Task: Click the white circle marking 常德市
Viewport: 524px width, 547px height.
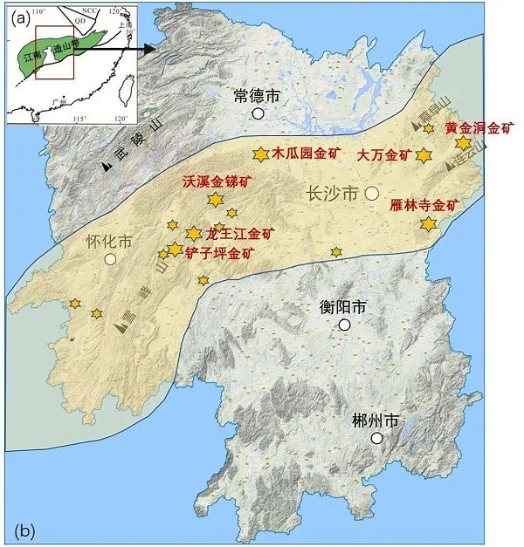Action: click(x=258, y=113)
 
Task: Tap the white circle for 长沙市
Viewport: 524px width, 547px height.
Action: click(x=371, y=193)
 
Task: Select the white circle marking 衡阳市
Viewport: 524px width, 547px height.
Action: click(x=345, y=325)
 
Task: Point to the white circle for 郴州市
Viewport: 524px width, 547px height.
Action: click(x=376, y=438)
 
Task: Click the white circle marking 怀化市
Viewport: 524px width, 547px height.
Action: click(x=110, y=259)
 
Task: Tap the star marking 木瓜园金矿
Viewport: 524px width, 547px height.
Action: click(x=259, y=154)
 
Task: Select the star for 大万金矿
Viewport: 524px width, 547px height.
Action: click(x=424, y=155)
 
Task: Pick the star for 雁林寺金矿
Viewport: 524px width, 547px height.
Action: click(x=428, y=224)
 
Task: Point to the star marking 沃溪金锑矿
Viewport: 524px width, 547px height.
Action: click(x=215, y=200)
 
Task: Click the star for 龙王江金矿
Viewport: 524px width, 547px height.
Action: click(x=194, y=234)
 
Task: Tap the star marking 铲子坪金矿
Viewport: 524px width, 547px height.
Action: click(x=175, y=250)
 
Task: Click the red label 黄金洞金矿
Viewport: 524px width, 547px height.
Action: click(x=479, y=127)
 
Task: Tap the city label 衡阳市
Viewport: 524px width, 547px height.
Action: click(x=342, y=307)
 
